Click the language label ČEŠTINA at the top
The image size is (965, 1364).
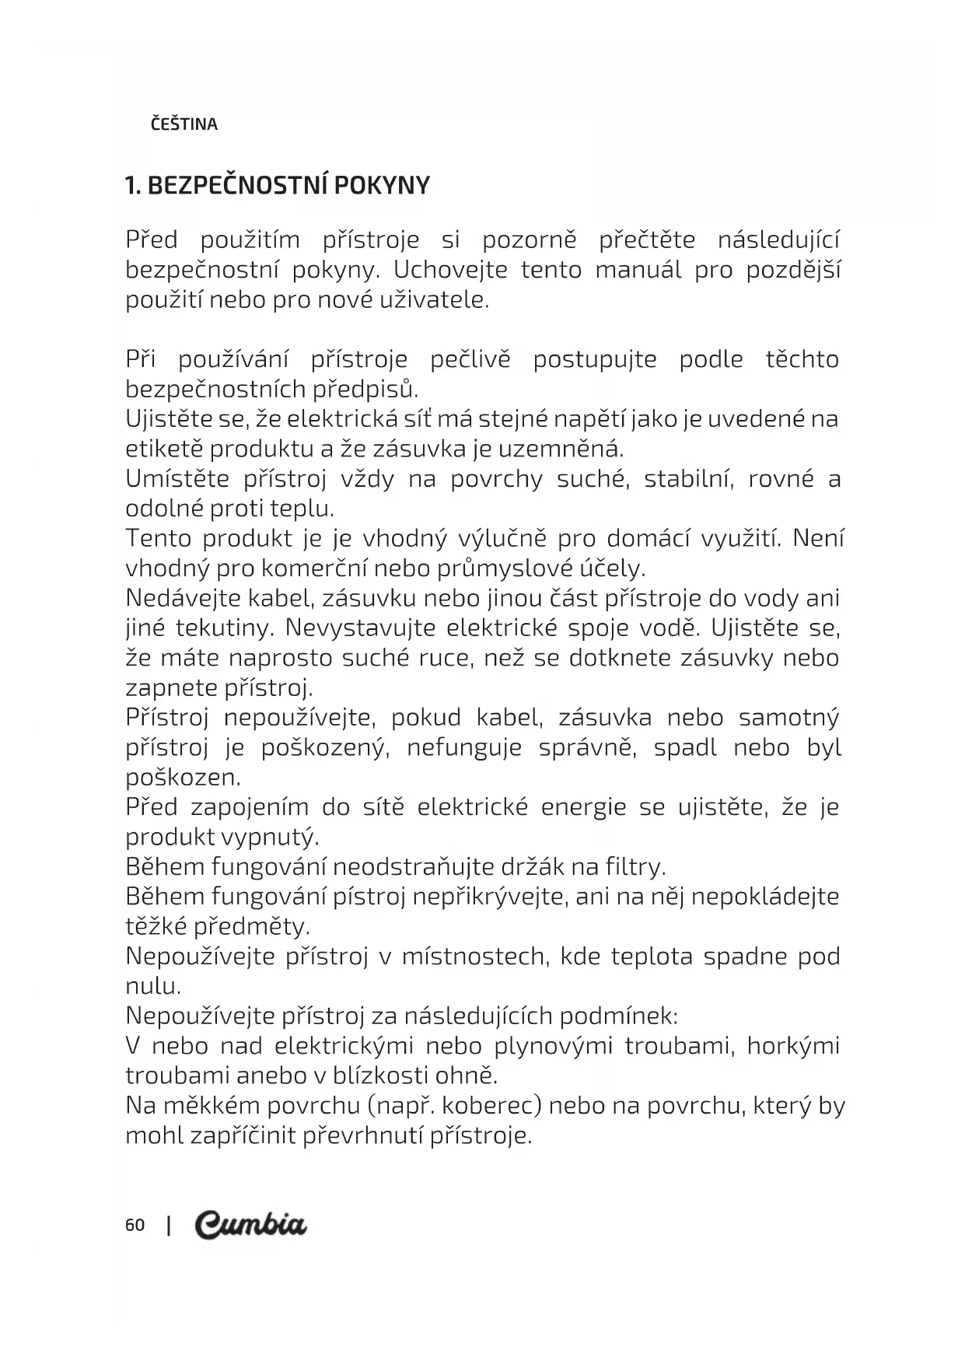[x=184, y=124]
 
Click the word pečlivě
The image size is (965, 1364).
[x=470, y=360]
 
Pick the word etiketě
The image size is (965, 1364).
[x=163, y=449]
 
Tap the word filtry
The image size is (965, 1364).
[x=635, y=867]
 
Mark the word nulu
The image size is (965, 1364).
[x=153, y=987]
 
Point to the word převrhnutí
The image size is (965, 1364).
[x=361, y=1136]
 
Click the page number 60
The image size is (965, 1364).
[x=135, y=1226]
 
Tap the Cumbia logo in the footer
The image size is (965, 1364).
[x=250, y=1225]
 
